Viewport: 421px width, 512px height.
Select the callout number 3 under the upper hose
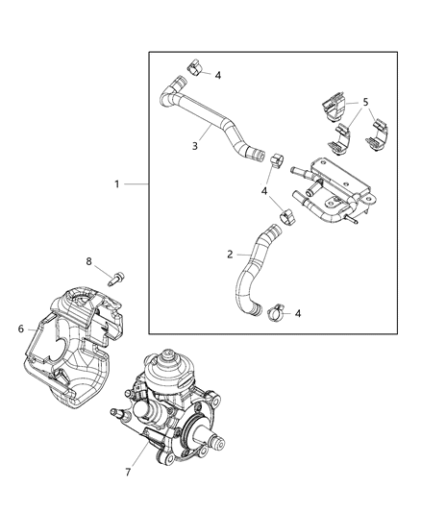point(194,146)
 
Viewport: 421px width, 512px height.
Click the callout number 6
point(21,329)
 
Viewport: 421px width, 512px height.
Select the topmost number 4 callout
point(218,74)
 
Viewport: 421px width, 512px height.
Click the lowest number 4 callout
point(298,313)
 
